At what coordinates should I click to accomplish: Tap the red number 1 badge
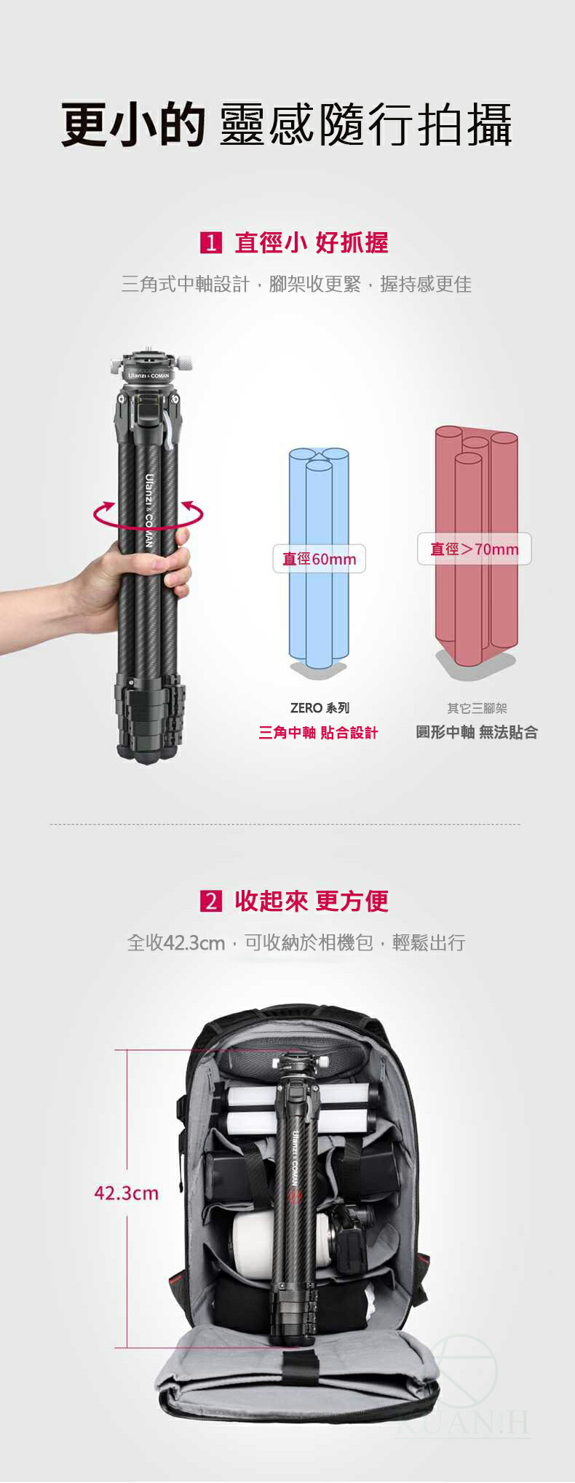click(210, 242)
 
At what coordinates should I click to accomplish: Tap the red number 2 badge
click(210, 901)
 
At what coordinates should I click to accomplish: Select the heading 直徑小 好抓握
click(311, 242)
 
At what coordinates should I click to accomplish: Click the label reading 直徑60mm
click(319, 559)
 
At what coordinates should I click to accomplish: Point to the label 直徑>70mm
click(475, 549)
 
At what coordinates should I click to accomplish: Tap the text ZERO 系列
click(320, 708)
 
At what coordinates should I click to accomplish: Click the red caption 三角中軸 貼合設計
click(318, 733)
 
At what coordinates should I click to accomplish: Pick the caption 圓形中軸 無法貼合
click(477, 733)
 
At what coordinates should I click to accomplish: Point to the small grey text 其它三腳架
click(477, 708)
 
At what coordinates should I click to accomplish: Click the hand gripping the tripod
click(109, 575)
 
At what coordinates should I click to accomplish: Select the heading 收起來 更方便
click(311, 901)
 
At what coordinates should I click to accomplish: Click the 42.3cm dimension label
click(126, 1193)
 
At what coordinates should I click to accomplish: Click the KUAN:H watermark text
click(466, 1423)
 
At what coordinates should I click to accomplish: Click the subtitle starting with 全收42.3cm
click(296, 943)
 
